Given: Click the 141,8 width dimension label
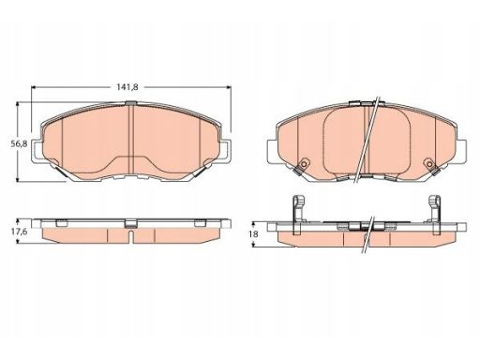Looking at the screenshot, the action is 127,87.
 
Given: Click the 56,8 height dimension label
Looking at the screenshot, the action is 20,143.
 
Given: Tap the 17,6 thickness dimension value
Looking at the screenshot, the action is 20,232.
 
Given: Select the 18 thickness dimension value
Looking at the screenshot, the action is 254,234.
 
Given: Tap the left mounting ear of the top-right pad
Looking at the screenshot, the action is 273,151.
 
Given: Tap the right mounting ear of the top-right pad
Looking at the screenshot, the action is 461,151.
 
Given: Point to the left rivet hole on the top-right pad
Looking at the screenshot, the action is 304,164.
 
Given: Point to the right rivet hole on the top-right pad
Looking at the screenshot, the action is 430,164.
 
